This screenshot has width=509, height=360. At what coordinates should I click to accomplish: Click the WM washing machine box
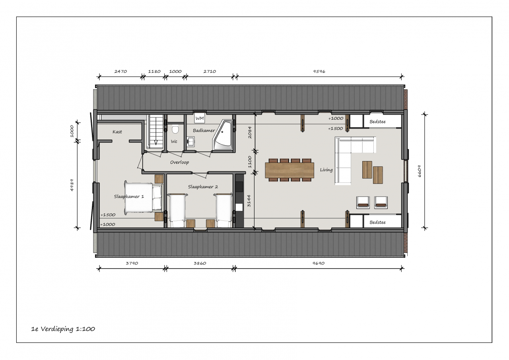coord(200,118)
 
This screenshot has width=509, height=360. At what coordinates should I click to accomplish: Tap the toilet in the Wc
coord(175,130)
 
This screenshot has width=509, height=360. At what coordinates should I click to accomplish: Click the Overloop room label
coord(179,162)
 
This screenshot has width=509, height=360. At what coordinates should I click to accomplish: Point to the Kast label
coord(117,132)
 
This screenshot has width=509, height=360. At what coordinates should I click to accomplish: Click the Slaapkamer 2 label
coord(203,187)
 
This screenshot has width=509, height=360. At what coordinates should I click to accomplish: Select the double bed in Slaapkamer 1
coord(144,197)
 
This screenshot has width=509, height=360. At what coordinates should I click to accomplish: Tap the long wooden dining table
coord(289,170)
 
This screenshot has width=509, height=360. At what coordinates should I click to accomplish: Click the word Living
coord(326,170)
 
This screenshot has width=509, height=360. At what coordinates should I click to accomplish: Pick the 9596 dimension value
coord(319,71)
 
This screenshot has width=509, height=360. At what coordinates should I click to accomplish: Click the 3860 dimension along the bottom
coord(200,263)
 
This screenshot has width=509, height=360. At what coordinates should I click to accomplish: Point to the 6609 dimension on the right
coord(420,171)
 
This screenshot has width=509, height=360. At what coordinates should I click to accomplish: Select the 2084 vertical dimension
coord(250,132)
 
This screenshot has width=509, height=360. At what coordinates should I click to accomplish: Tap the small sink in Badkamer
coord(190,142)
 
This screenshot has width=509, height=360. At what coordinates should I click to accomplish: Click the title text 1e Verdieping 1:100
coord(63,329)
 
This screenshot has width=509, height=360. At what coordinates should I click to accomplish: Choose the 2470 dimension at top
coord(120,71)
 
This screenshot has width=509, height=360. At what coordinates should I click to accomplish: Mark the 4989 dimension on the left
coord(72,185)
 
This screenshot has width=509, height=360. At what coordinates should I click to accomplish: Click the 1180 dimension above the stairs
coord(154,71)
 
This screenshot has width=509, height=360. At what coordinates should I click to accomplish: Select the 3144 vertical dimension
coord(249,200)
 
